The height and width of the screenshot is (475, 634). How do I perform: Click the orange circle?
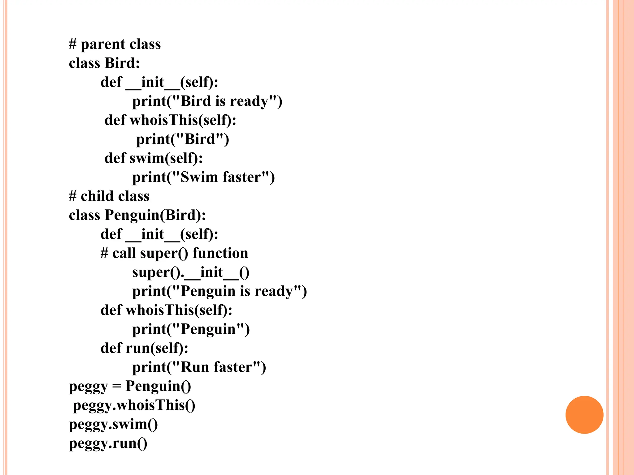[584, 415]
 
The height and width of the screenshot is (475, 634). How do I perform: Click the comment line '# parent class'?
[115, 44]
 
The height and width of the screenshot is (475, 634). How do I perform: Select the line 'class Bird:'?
[104, 63]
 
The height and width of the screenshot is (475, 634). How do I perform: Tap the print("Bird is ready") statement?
[207, 101]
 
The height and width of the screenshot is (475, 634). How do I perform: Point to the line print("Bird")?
[183, 139]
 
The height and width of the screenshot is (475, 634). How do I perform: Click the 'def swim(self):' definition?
[154, 158]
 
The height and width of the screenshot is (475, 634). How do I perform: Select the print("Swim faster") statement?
[203, 177]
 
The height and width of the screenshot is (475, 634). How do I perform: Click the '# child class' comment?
[109, 196]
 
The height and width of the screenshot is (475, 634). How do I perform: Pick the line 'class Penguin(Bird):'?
[137, 215]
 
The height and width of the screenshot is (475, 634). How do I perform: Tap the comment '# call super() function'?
[174, 253]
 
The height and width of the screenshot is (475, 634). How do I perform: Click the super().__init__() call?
[191, 272]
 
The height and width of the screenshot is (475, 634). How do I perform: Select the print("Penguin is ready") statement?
[219, 291]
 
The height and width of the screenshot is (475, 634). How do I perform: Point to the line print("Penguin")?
[191, 329]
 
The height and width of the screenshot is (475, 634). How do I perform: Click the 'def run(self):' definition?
[144, 348]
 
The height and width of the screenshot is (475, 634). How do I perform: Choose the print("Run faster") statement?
[199, 367]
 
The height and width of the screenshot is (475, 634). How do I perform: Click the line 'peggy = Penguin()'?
[130, 386]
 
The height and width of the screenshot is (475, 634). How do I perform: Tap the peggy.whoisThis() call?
[134, 405]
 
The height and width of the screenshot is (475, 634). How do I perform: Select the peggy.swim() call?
[113, 424]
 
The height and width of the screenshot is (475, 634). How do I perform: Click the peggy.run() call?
[108, 443]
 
